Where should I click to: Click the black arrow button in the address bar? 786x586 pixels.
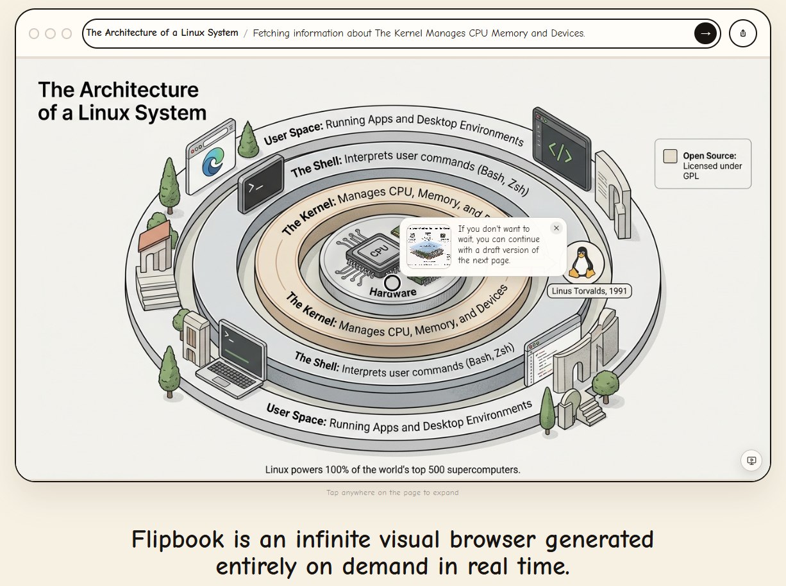click(705, 33)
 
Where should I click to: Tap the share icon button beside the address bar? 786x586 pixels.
click(743, 33)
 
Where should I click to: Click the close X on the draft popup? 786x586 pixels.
click(556, 228)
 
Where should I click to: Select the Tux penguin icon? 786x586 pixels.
click(582, 262)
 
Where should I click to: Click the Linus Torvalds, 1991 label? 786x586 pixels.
click(590, 291)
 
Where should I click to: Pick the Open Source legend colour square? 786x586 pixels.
click(670, 156)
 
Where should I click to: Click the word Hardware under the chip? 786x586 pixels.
click(393, 293)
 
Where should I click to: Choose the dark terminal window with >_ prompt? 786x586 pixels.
click(260, 185)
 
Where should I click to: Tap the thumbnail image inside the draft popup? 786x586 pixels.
click(429, 246)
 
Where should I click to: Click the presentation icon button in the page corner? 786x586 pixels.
click(751, 460)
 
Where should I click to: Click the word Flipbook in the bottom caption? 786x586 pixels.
click(178, 539)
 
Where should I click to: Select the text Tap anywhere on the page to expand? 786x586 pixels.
click(392, 493)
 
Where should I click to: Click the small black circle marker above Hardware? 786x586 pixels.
click(392, 283)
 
